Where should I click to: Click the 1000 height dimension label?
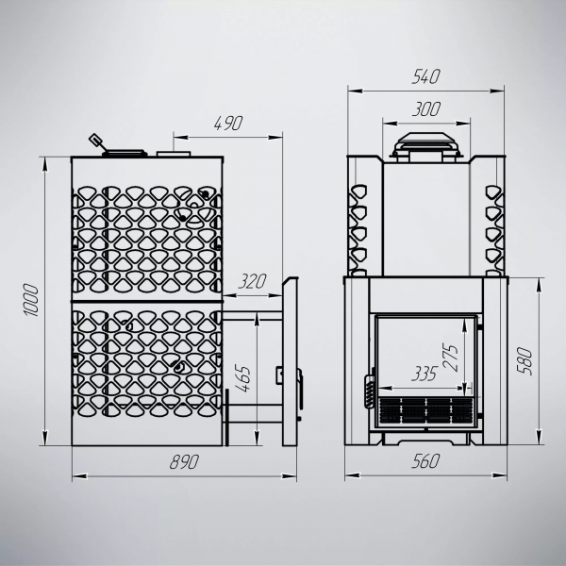pos(31,300)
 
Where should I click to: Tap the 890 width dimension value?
pos(184,461)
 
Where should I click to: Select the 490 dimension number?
pos(228,124)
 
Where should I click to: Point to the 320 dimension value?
pos(252,281)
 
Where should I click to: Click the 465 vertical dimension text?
pos(242,379)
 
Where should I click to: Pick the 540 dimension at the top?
pos(426,76)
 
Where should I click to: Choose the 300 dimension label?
pos(426,109)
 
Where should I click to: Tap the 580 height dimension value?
pos(525,361)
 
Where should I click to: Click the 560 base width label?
pos(426,461)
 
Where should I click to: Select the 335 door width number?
pos(424,374)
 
